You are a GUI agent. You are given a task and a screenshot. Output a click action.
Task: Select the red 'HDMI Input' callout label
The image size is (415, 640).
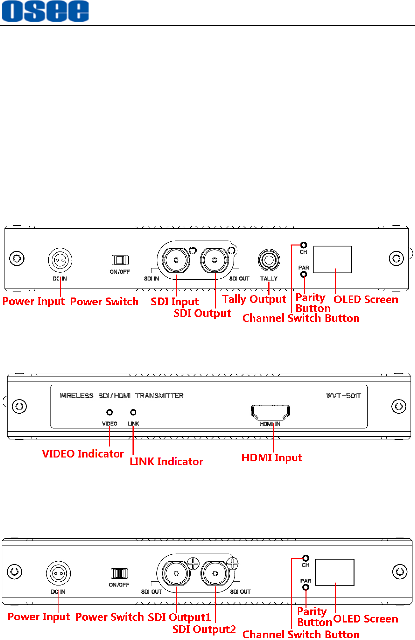coord(272,458)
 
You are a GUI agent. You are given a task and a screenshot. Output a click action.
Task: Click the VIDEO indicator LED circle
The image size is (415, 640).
coord(110,412)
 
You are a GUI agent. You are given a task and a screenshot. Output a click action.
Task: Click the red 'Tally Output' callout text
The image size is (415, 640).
coord(254,299)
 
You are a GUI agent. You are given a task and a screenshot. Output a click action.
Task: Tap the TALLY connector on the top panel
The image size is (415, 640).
coord(269,259)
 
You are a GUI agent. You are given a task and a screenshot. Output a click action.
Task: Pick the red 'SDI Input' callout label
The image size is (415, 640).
coord(175,301)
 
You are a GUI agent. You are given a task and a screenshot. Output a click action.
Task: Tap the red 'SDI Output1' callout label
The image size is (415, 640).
coord(179,618)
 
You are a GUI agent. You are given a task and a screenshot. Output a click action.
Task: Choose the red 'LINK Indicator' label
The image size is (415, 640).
coord(166,461)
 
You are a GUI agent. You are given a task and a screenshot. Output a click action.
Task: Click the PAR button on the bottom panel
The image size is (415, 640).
coord(306,587)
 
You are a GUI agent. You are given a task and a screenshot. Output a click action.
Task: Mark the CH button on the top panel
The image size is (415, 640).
coord(303,245)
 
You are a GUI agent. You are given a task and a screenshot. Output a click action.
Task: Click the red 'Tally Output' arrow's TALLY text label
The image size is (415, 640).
coord(269,279)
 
